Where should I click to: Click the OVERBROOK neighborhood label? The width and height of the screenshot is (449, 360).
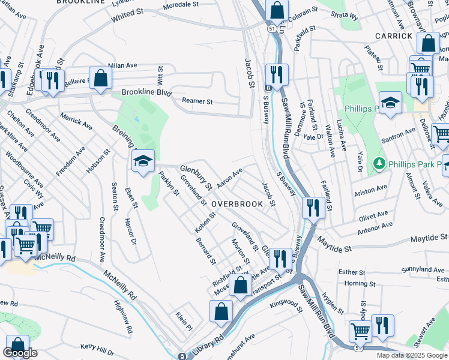pos(237,204)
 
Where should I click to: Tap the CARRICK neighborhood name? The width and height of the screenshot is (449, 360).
pos(394,36)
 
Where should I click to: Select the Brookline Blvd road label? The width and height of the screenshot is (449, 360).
pos(146,93)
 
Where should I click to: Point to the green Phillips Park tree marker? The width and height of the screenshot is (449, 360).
pos(379,163)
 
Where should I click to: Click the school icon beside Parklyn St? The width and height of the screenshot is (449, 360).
pos(143,161)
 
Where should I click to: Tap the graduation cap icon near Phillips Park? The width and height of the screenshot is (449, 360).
pos(390,103)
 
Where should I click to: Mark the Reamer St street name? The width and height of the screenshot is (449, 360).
pos(198,102)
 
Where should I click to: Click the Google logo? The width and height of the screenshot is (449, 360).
pos(20,353)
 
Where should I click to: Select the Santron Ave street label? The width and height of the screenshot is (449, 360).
pos(402,133)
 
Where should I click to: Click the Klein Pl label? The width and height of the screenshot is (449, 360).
pos(183,321)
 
